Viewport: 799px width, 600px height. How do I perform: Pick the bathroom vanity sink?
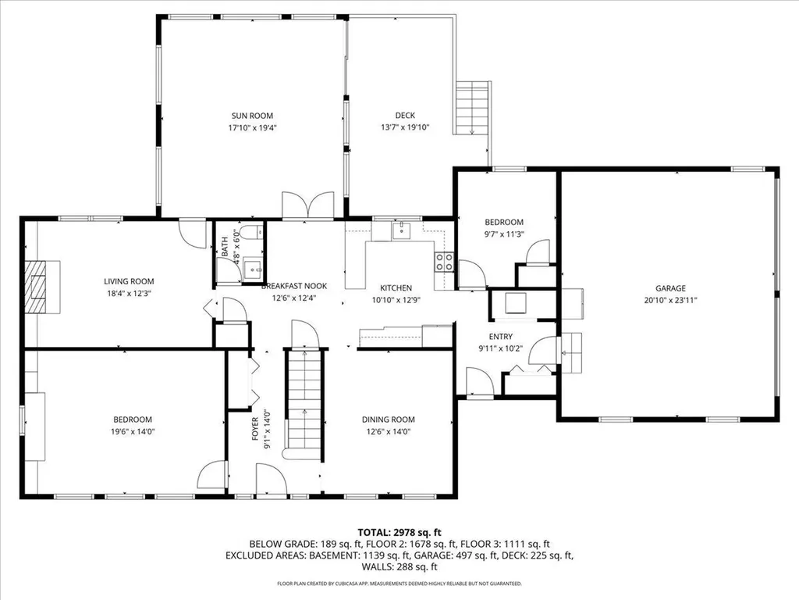click(251, 267)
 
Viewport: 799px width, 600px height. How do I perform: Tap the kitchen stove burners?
click(444, 261)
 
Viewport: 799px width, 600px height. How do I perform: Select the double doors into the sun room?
click(309, 205)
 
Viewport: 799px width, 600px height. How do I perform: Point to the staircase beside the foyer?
click(304, 402)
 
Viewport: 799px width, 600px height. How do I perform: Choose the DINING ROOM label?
click(388, 420)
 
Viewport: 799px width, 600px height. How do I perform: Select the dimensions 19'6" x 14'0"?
click(131, 431)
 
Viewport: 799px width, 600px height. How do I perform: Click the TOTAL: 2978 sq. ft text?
click(399, 530)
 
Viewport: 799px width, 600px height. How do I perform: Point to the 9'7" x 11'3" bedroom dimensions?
click(503, 233)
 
